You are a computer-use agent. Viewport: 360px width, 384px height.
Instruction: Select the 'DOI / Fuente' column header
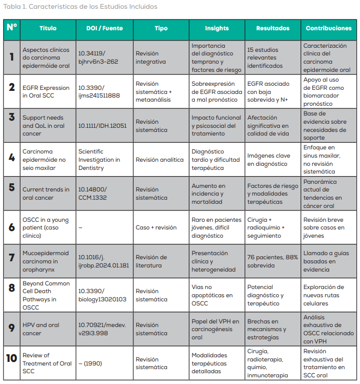click(x=104, y=29)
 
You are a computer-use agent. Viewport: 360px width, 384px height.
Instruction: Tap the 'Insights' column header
click(x=217, y=29)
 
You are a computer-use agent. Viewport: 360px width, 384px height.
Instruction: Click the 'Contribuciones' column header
click(x=329, y=29)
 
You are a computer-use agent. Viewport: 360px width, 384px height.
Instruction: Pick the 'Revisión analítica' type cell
click(x=159, y=160)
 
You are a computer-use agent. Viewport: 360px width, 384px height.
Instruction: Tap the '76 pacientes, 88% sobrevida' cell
click(x=272, y=261)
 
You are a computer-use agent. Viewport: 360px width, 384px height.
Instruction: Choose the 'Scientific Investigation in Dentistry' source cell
click(x=99, y=160)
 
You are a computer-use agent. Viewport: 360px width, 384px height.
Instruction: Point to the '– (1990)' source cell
click(x=90, y=363)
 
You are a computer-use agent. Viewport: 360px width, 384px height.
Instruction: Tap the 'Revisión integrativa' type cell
click(x=151, y=57)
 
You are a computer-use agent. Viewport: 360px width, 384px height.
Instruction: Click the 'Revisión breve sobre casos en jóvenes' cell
click(x=324, y=227)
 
